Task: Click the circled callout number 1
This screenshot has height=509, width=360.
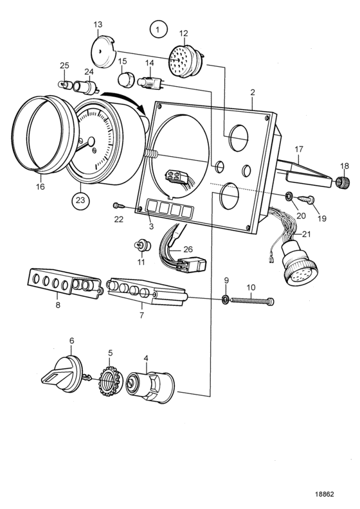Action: [158, 30]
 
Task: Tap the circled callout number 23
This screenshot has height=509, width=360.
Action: [80, 201]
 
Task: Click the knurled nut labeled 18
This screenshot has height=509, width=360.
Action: [342, 183]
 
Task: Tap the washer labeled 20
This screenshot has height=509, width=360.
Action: [288, 196]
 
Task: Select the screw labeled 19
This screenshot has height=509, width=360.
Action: [307, 199]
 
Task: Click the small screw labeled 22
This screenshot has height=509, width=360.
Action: [119, 206]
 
